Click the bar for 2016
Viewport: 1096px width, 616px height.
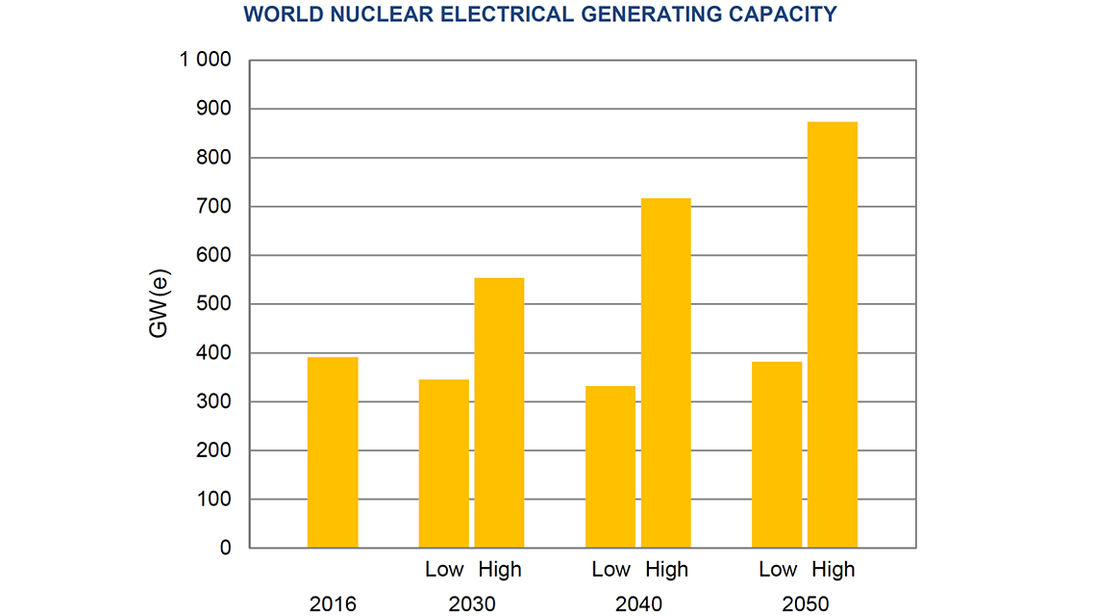pyautogui.click(x=333, y=452)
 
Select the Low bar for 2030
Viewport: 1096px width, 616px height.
pyautogui.click(x=444, y=464)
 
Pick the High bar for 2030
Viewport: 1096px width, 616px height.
pyautogui.click(x=499, y=413)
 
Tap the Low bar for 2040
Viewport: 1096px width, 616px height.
pyautogui.click(x=610, y=467)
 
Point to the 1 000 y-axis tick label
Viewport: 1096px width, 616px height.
pyautogui.click(x=205, y=60)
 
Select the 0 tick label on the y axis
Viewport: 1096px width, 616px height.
pyautogui.click(x=225, y=548)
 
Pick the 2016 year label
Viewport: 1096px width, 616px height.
pyautogui.click(x=333, y=604)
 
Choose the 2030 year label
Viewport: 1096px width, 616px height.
pyautogui.click(x=472, y=604)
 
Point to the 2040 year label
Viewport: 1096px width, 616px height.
pyautogui.click(x=638, y=604)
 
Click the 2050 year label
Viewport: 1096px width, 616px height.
pyautogui.click(x=805, y=604)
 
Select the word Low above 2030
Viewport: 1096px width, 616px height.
pyautogui.click(x=444, y=570)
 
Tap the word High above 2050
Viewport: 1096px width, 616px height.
pyautogui.click(x=833, y=570)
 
